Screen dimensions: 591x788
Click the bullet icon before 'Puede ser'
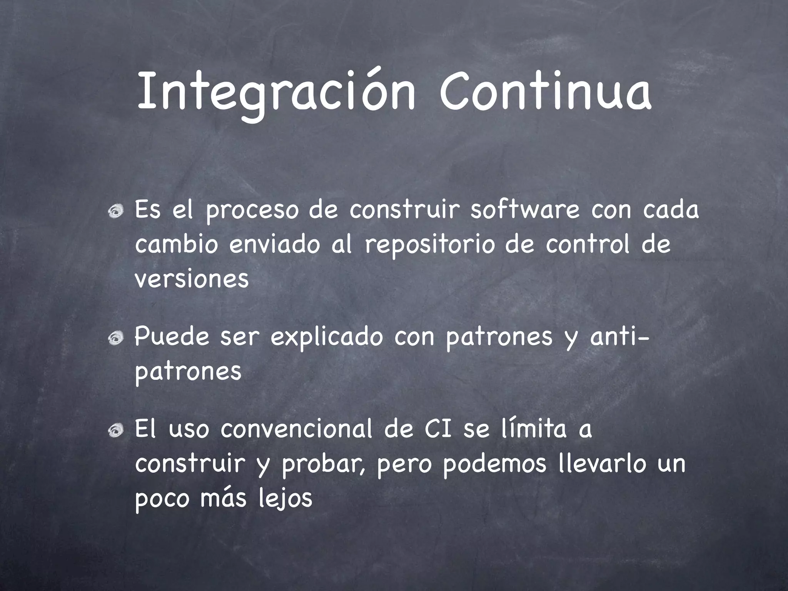[x=116, y=338]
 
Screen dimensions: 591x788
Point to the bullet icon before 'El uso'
[x=116, y=430]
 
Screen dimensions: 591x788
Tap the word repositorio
[x=430, y=245]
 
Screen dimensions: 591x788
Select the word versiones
[x=192, y=279]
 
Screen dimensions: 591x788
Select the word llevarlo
[x=601, y=463]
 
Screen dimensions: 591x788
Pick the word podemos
[x=494, y=464]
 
